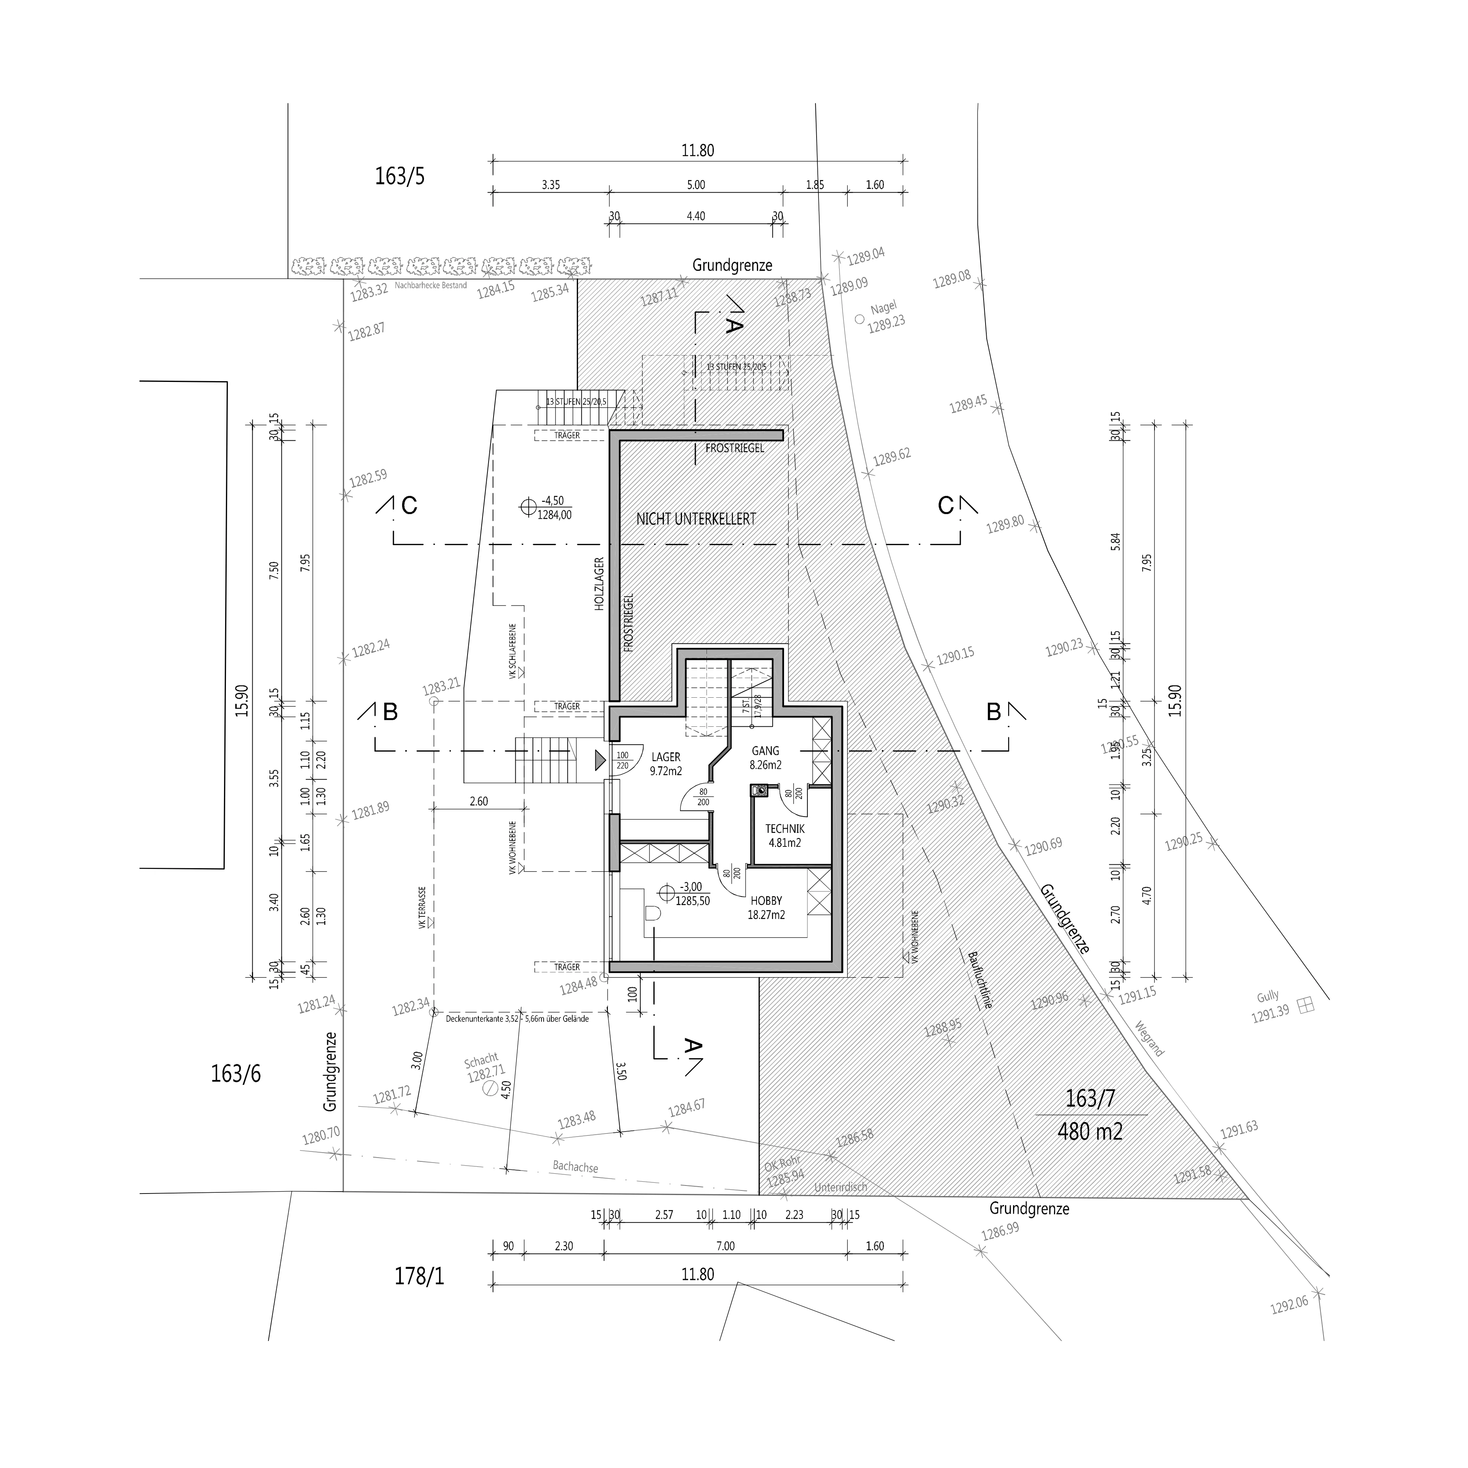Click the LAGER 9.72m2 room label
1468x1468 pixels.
point(666,764)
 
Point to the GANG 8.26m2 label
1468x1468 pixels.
point(766,758)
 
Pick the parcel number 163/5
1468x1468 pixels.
point(399,176)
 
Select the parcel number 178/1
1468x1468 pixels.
point(419,1276)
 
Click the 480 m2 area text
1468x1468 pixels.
point(1090,1132)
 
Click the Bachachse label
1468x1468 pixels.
point(575,1166)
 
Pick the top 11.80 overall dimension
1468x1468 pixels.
point(698,151)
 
